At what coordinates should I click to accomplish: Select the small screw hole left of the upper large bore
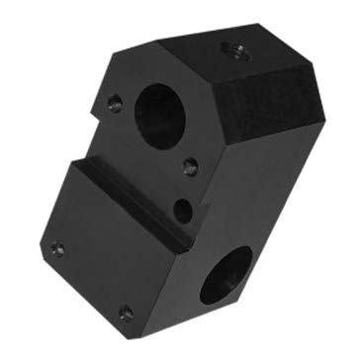click(x=116, y=102)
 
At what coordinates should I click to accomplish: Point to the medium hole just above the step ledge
click(x=182, y=209)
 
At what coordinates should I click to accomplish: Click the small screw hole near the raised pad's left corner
click(x=57, y=248)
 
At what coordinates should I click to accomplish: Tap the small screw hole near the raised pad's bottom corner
click(x=126, y=313)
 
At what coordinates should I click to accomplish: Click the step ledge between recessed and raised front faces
click(x=134, y=203)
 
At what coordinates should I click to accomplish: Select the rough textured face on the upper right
click(x=267, y=109)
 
